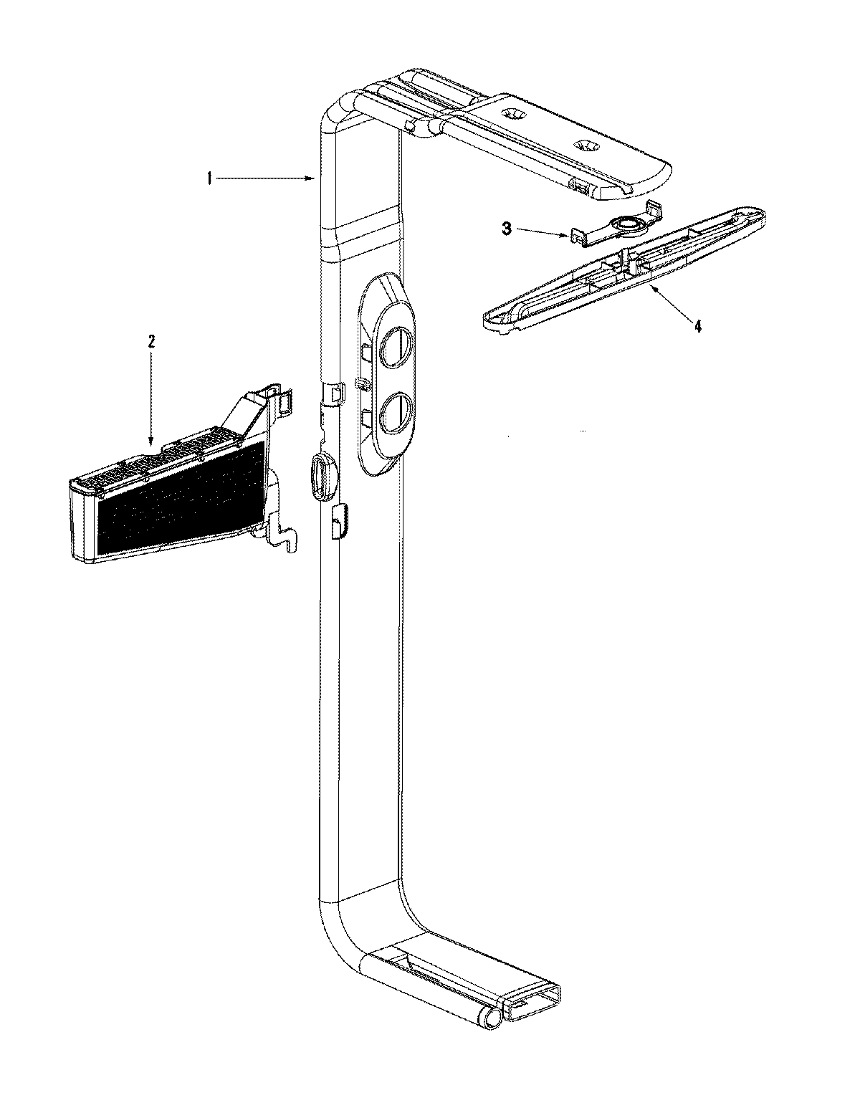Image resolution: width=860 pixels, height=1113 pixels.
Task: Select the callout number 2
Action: pyautogui.click(x=150, y=342)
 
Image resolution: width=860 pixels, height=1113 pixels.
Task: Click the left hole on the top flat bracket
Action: pyautogui.click(x=514, y=114)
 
